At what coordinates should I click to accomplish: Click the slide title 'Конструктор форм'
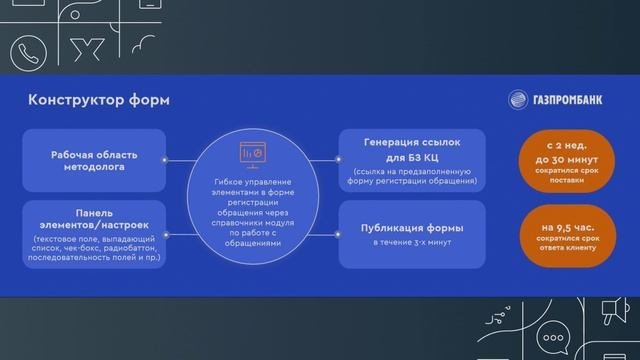98,100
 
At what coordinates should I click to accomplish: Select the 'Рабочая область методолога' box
94,161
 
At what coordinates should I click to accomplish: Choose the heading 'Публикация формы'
412,228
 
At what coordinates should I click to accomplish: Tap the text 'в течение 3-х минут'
412,243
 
